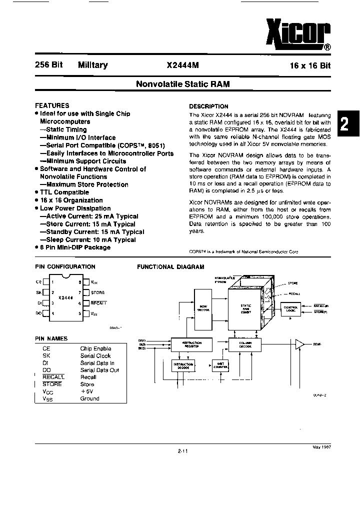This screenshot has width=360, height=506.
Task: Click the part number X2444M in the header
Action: [x=183, y=65]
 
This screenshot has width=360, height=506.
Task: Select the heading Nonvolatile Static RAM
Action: [x=183, y=84]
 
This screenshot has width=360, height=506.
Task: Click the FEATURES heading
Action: [x=52, y=105]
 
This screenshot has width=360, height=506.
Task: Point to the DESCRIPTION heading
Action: [x=208, y=106]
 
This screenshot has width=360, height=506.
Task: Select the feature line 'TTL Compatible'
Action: [x=64, y=192]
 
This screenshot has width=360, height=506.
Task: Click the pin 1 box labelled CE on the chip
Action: [x=45, y=282]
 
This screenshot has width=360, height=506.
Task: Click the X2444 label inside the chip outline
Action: [x=65, y=297]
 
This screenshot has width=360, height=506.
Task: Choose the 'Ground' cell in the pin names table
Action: [x=89, y=398]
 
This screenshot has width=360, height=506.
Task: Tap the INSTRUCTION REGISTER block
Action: [x=190, y=344]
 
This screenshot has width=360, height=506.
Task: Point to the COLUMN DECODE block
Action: [x=245, y=344]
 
